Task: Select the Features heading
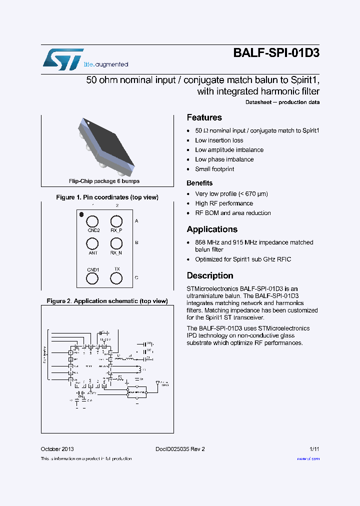(x=204, y=117)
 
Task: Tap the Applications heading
(x=212, y=229)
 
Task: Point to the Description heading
(x=210, y=275)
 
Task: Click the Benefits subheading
(x=199, y=183)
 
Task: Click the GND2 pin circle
(x=92, y=221)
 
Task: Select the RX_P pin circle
(x=116, y=221)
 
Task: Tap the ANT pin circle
(x=92, y=243)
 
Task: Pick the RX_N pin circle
(x=116, y=243)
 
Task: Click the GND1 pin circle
(x=92, y=278)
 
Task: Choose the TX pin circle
(x=116, y=278)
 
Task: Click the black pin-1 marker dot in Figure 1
(x=81, y=215)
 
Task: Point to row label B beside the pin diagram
(x=136, y=242)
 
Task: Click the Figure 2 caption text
(x=107, y=301)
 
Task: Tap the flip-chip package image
(x=106, y=145)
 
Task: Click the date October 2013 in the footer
(x=57, y=449)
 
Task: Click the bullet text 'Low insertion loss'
(x=219, y=140)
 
